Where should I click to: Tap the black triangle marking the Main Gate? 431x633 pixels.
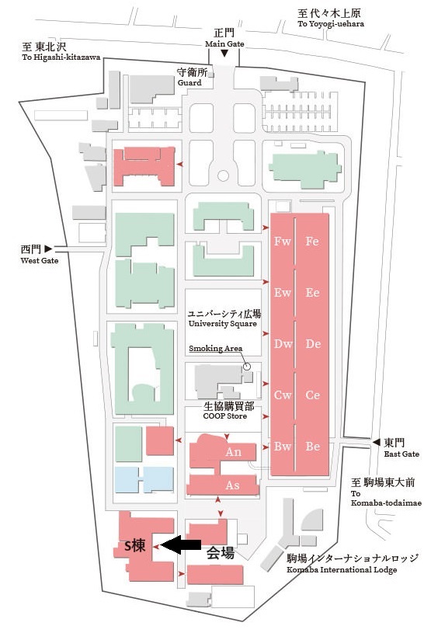(224, 54)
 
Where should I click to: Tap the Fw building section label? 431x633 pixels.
(283, 242)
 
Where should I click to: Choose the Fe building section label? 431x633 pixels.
(312, 242)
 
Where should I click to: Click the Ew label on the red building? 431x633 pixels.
(283, 293)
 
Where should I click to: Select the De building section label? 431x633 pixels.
(313, 344)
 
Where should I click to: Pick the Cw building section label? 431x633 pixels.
(283, 395)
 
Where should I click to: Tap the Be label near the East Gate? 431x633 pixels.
(313, 447)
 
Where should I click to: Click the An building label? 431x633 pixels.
(233, 452)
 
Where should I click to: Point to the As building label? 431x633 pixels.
(232, 485)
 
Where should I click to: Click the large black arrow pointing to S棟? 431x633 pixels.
(181, 545)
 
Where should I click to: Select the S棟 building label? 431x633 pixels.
(134, 546)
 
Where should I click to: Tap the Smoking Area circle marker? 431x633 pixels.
(247, 367)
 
